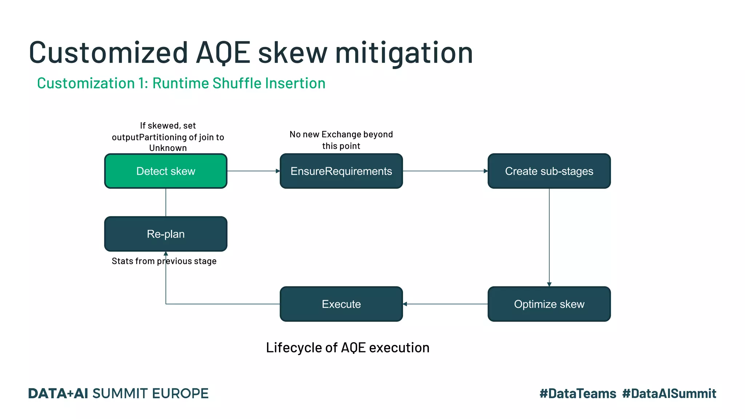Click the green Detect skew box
(x=166, y=171)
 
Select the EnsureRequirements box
(x=341, y=171)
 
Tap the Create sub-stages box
(x=549, y=171)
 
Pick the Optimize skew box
(x=549, y=304)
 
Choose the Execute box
(x=341, y=304)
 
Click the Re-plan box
(x=166, y=234)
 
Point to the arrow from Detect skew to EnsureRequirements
(x=253, y=171)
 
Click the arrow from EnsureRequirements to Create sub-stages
(x=445, y=171)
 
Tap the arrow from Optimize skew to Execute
(x=445, y=304)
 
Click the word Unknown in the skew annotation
(x=168, y=148)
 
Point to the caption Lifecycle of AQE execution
(x=347, y=347)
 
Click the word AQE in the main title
(x=223, y=53)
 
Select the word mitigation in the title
(x=404, y=53)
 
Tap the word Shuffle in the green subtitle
(x=237, y=83)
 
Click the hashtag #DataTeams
(x=578, y=394)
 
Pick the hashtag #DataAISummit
(x=669, y=394)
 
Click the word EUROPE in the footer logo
(x=180, y=394)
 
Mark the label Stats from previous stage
(x=164, y=261)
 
